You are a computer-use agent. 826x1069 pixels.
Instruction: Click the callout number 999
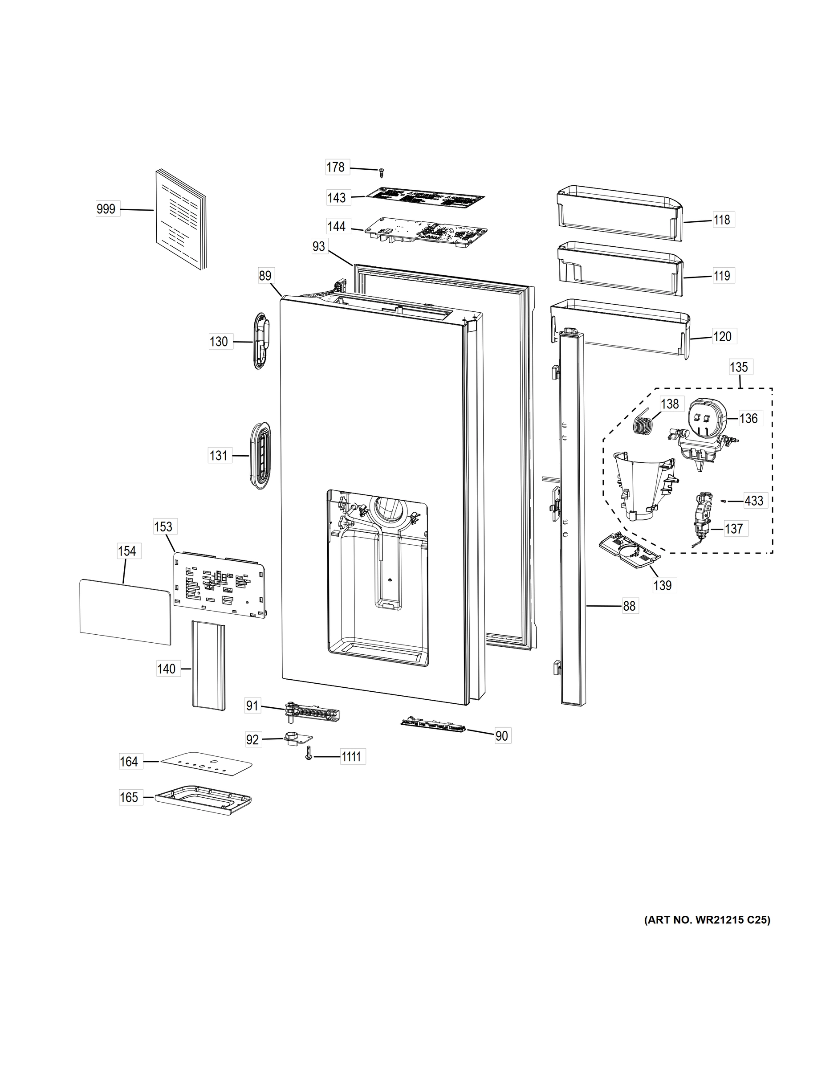point(106,209)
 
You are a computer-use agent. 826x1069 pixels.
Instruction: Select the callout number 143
point(337,198)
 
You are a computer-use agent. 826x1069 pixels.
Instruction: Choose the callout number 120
point(722,336)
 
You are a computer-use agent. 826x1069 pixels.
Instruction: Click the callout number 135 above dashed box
point(739,367)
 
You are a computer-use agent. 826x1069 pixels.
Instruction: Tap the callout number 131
point(219,456)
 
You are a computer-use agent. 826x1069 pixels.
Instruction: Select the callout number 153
point(163,526)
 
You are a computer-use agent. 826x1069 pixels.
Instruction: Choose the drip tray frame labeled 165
point(203,798)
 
